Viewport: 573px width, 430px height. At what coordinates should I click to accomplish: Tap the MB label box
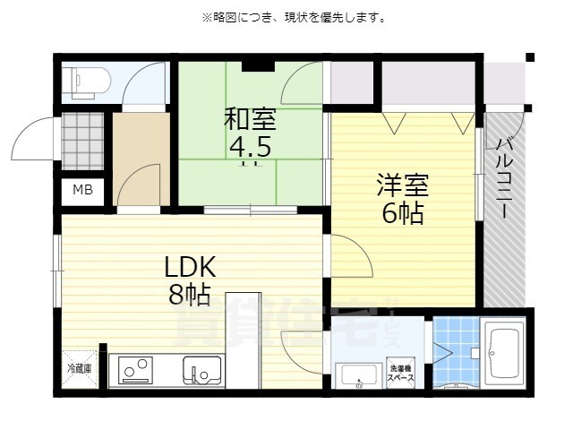(x=82, y=190)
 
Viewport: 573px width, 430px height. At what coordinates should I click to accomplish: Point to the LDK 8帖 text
(x=189, y=279)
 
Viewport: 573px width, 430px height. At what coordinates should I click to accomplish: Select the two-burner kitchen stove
(x=135, y=369)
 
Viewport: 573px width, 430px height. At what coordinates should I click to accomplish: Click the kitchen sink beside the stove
(x=201, y=369)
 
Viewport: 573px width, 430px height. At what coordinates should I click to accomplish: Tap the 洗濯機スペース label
(x=400, y=374)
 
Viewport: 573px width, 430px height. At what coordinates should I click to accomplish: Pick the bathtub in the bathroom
(x=504, y=353)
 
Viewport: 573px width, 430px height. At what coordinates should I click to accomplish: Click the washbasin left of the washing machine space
(x=357, y=374)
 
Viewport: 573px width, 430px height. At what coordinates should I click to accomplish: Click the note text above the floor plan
(x=286, y=17)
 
